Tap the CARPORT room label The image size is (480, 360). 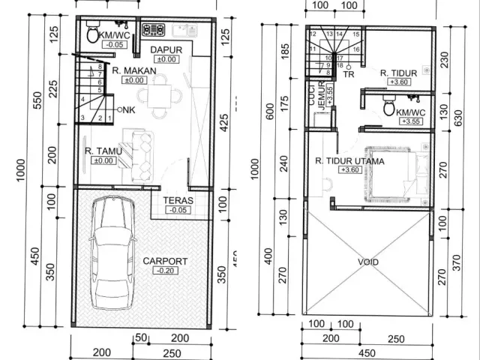164,261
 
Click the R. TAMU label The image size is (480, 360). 99,151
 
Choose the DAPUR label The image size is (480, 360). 163,49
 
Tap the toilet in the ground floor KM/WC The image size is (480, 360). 92,34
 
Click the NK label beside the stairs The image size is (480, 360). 128,109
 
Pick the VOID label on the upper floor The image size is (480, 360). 368,262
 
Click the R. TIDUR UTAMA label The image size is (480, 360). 349,160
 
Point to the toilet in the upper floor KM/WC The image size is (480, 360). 388,108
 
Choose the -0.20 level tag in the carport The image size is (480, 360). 164,271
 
